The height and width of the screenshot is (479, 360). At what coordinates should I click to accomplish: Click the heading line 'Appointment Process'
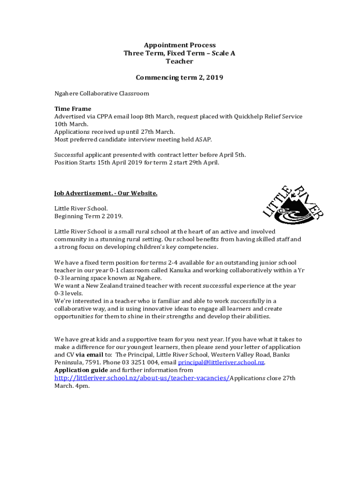tap(180, 45)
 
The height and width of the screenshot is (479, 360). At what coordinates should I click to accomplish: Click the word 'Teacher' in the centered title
tap(180, 61)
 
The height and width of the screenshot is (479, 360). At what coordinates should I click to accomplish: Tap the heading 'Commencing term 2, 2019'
tap(180, 78)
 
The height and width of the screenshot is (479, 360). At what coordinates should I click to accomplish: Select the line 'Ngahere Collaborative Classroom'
tap(101, 94)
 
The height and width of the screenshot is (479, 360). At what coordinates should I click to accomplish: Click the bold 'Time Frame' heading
tap(72, 109)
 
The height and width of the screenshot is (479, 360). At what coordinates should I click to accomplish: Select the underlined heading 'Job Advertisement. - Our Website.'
tap(106, 193)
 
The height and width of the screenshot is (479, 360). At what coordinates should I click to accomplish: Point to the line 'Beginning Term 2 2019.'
tap(88, 216)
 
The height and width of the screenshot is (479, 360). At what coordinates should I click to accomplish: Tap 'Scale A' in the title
tap(223, 53)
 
